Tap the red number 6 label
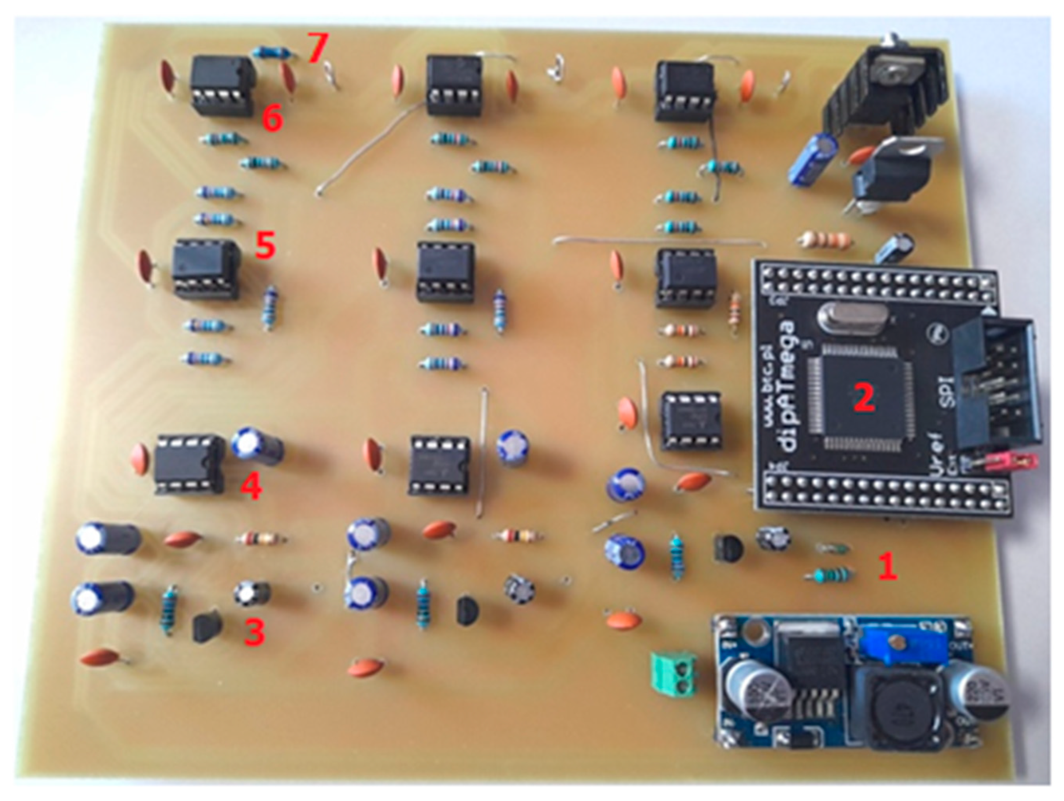[x=272, y=119]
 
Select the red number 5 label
[x=265, y=245]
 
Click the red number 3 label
[x=254, y=632]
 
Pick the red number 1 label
[x=887, y=566]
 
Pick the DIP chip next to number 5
[x=206, y=269]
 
